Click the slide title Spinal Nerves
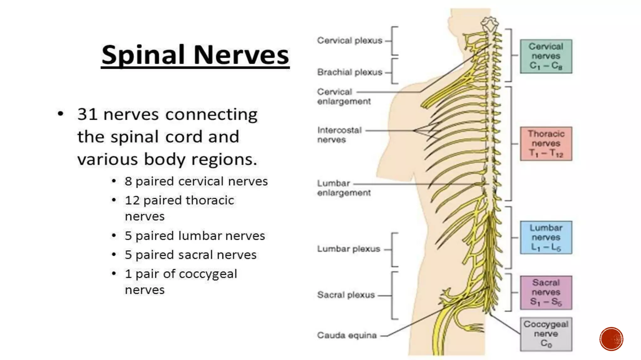tap(195, 55)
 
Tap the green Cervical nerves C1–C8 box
tap(546, 56)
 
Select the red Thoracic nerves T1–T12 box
tap(546, 143)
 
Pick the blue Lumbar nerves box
tap(546, 237)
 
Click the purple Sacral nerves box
tap(546, 292)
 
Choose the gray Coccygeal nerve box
tap(546, 334)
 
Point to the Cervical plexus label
tap(350, 41)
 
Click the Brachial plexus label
tap(350, 72)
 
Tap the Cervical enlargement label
tap(344, 97)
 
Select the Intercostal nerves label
tap(339, 135)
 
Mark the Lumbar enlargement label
tap(344, 188)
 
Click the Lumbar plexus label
tap(348, 249)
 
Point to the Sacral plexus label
tap(346, 295)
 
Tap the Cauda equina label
tap(347, 335)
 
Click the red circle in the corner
tap(611, 339)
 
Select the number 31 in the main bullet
tap(87, 114)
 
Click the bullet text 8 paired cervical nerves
tap(196, 181)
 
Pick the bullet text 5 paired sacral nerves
tap(190, 255)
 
